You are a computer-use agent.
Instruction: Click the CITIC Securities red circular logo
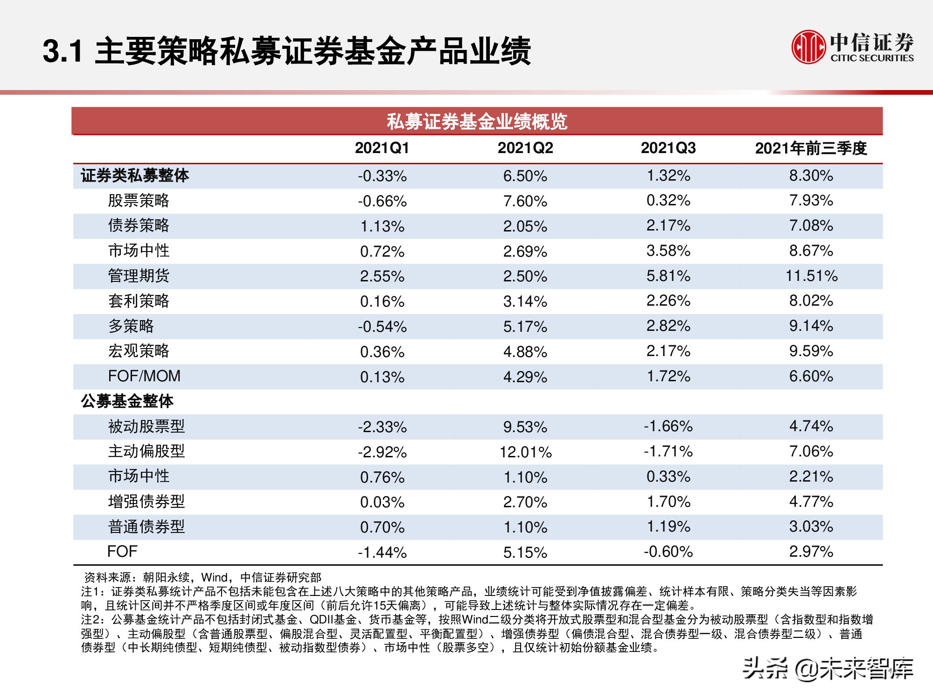808,47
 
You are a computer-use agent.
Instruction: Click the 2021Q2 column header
525,148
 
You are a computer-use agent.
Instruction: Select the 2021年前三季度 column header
811,148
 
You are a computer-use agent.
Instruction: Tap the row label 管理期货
139,276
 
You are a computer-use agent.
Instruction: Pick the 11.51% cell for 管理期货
811,276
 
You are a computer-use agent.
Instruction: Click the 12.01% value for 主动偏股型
525,452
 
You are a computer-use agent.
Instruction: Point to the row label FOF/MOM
144,376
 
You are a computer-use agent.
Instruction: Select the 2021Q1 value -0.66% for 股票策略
382,201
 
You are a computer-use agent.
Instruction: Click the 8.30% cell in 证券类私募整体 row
811,176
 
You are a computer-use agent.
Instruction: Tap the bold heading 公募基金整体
127,401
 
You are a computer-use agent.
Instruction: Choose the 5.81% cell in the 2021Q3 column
668,276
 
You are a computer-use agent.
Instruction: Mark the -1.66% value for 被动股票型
668,427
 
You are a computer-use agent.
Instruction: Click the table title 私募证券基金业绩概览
477,121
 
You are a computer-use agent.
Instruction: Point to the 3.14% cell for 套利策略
525,301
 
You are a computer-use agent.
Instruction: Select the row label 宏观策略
139,351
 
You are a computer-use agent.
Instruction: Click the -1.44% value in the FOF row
382,553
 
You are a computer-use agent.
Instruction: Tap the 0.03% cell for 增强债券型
382,502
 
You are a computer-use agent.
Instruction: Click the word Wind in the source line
214,578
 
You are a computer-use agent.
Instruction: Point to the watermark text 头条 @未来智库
828,669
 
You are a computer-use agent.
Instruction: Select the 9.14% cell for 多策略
811,326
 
